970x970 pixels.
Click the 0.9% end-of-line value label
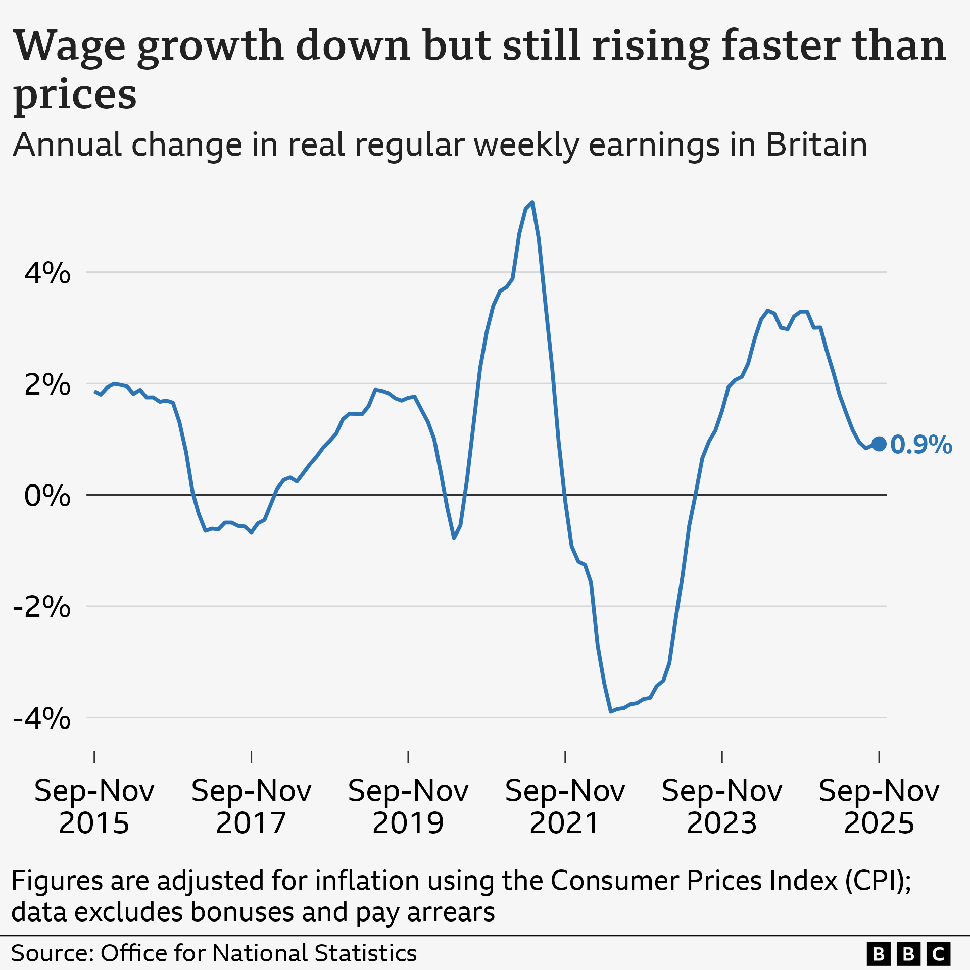tap(920, 445)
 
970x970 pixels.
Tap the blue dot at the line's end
tap(879, 444)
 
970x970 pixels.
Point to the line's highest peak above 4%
tap(532, 203)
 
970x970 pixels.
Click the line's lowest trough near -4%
tap(611, 711)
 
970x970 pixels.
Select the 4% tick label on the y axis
tap(47, 273)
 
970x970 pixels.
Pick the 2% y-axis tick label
tap(47, 384)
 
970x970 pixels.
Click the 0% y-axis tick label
tap(47, 496)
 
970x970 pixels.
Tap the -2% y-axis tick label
tap(41, 607)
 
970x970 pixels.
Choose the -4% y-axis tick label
tap(41, 718)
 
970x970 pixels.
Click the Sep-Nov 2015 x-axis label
tap(94, 807)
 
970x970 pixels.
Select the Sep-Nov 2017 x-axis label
tap(251, 807)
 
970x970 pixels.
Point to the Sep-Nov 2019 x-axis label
tap(408, 807)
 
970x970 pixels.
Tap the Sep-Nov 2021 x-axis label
tap(565, 807)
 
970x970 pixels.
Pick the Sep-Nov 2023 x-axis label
tap(722, 807)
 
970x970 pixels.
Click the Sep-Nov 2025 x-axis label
tap(879, 807)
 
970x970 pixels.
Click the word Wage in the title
tap(69, 46)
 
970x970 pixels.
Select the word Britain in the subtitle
tap(816, 145)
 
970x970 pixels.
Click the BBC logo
tap(908, 953)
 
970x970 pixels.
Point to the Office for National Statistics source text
tap(258, 953)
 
